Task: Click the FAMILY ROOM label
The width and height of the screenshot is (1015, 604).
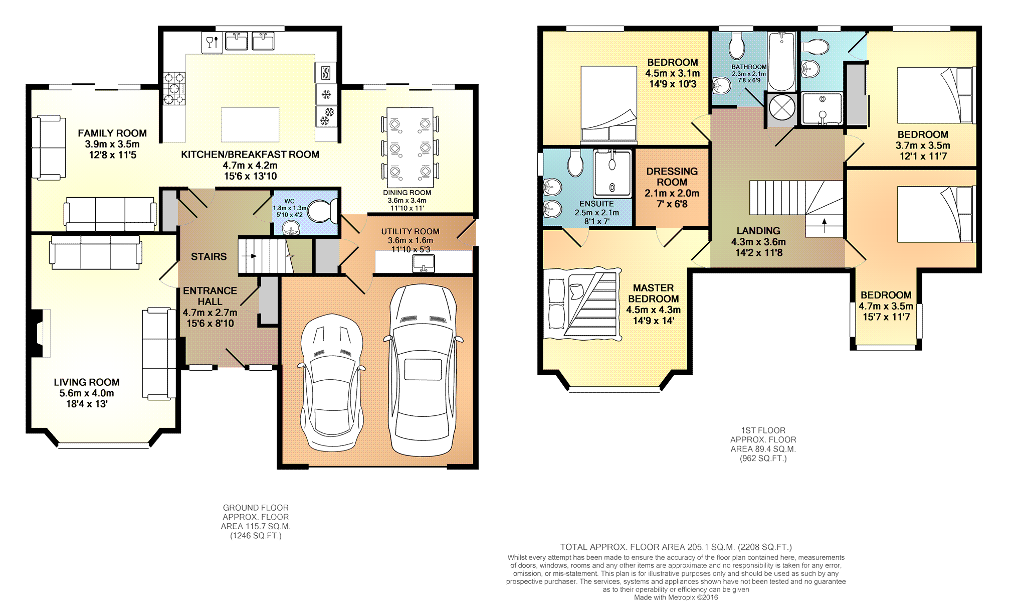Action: tap(112, 133)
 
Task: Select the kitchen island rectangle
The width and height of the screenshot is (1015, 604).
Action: tap(250, 124)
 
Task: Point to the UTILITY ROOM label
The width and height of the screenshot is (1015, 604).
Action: tap(410, 231)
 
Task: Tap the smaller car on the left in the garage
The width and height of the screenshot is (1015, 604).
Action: tap(331, 382)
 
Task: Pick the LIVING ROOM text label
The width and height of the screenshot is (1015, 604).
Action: tap(87, 382)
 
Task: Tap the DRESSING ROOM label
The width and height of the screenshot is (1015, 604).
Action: tap(672, 177)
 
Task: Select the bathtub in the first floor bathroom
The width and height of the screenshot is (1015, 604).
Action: tap(781, 62)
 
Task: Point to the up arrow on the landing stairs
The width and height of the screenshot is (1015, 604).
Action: tap(825, 222)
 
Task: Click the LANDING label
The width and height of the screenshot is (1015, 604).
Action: tap(758, 231)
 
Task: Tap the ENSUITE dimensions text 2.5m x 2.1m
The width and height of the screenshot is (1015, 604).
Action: tap(596, 213)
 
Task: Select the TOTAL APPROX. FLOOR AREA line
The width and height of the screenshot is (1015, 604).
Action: tap(676, 547)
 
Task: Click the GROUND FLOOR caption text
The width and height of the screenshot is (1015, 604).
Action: tap(256, 508)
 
